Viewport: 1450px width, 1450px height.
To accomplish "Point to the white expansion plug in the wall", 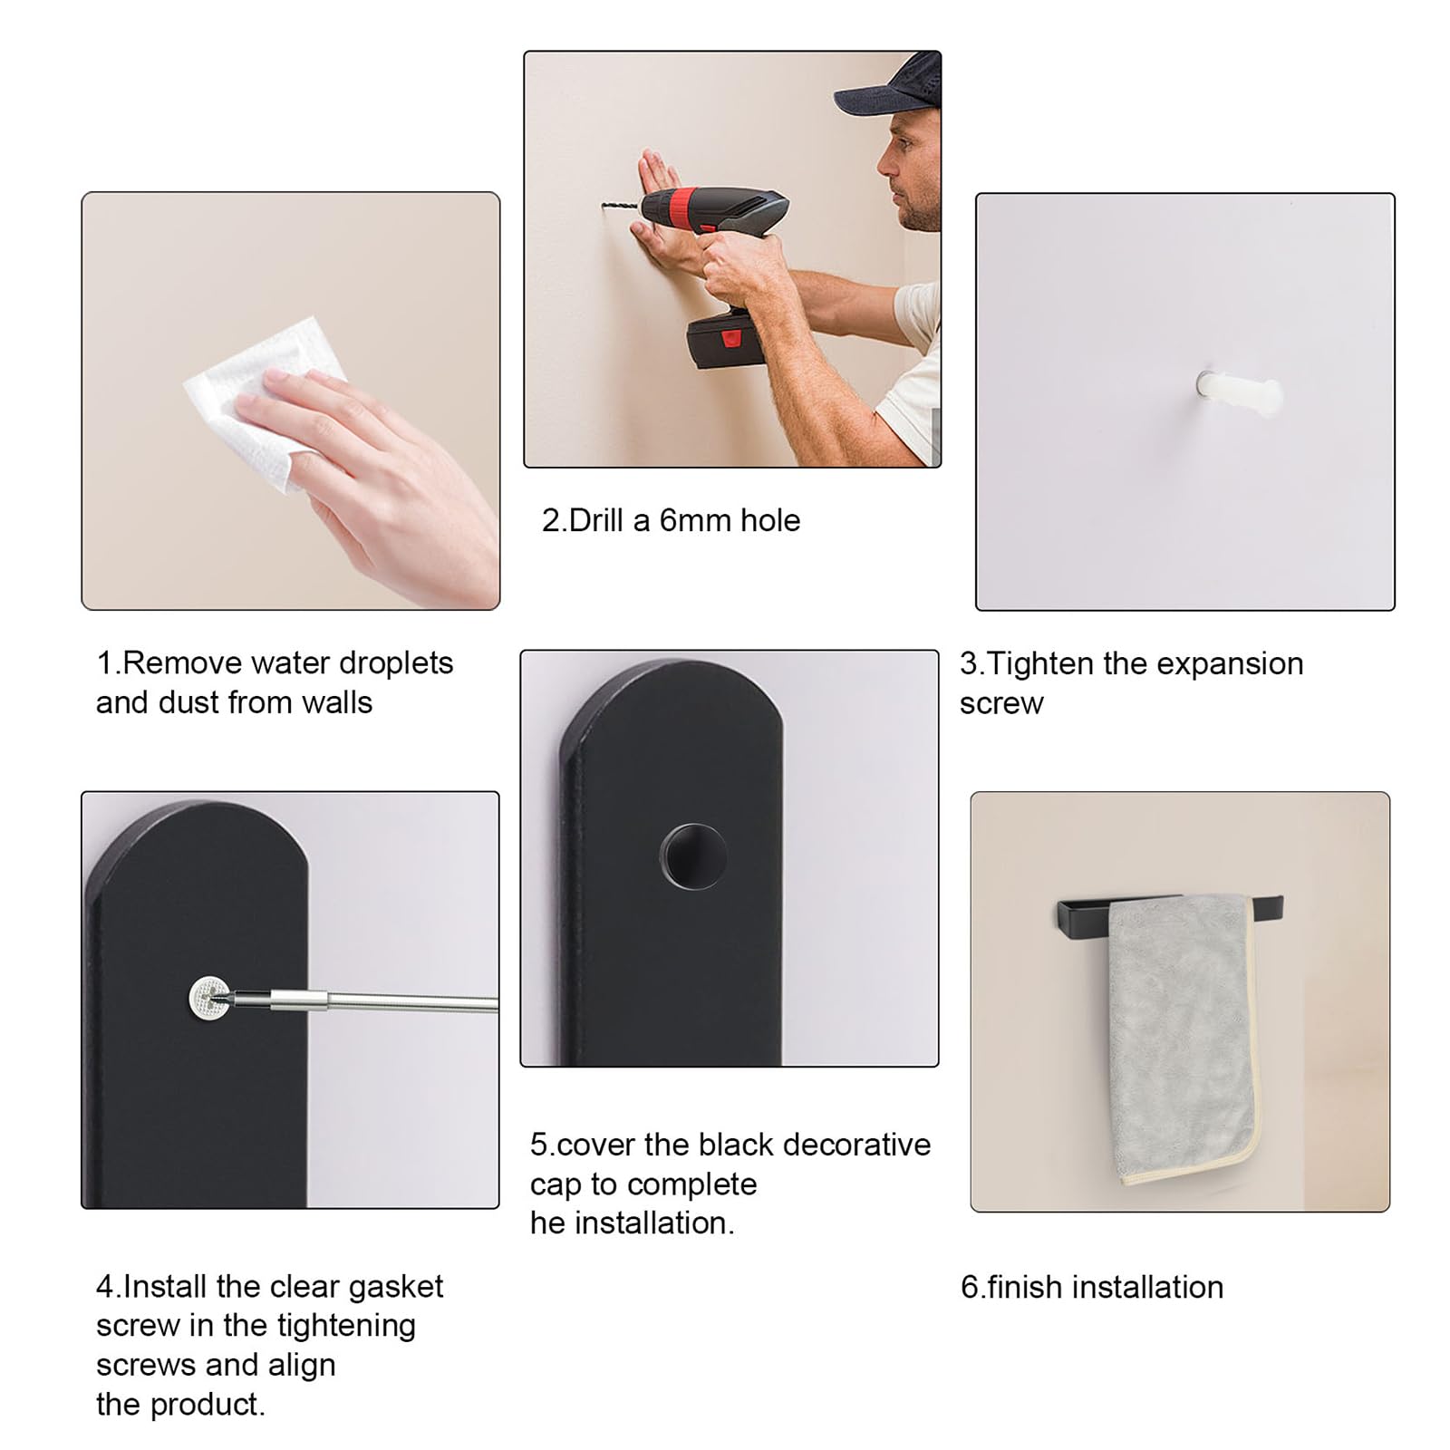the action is coord(1239,390).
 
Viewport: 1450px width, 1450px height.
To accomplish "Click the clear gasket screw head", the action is coord(209,997).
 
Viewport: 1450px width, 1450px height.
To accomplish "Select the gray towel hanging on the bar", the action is coord(1183,1038).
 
